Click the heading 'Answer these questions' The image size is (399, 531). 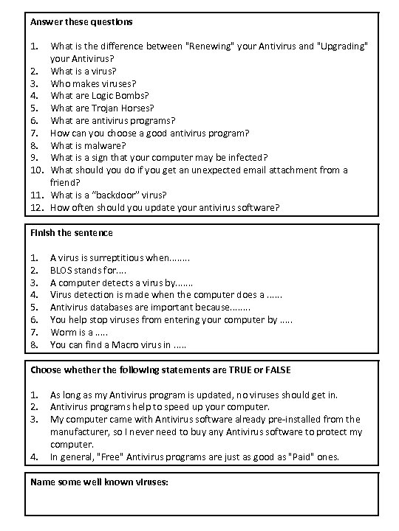(x=81, y=22)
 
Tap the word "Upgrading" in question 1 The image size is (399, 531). (x=343, y=46)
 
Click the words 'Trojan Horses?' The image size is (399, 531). (x=123, y=108)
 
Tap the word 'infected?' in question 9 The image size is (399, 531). (x=243, y=158)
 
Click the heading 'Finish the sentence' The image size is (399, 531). (x=71, y=233)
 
